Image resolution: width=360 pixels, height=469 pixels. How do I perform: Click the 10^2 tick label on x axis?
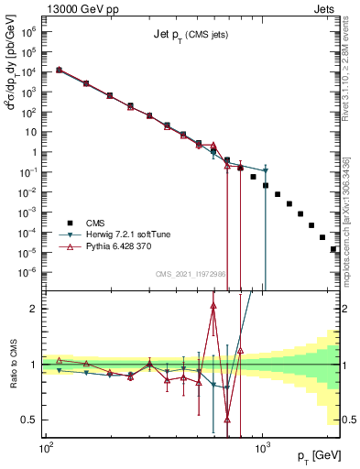click(x=45, y=449)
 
